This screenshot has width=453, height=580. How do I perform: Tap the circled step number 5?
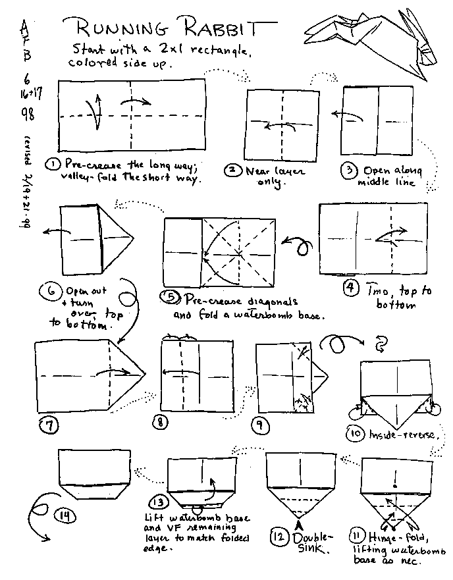click(171, 298)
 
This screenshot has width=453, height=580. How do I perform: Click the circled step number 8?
click(160, 422)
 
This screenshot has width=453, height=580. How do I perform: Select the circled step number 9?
click(262, 425)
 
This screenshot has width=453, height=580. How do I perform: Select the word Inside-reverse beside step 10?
click(398, 435)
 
